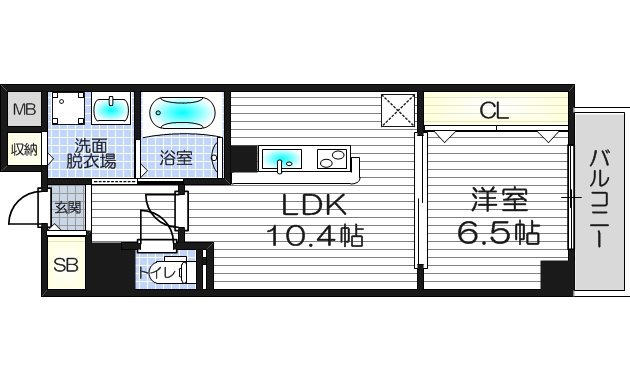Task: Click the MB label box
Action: tap(23, 109)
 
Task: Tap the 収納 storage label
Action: tap(24, 149)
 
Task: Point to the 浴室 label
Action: tap(177, 157)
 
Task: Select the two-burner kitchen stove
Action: tap(330, 157)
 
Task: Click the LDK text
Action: tap(313, 205)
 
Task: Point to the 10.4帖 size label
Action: tap(313, 237)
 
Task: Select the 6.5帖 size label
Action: tap(498, 233)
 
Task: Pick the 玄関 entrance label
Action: tap(68, 208)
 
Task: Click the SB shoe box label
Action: tap(66, 265)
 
